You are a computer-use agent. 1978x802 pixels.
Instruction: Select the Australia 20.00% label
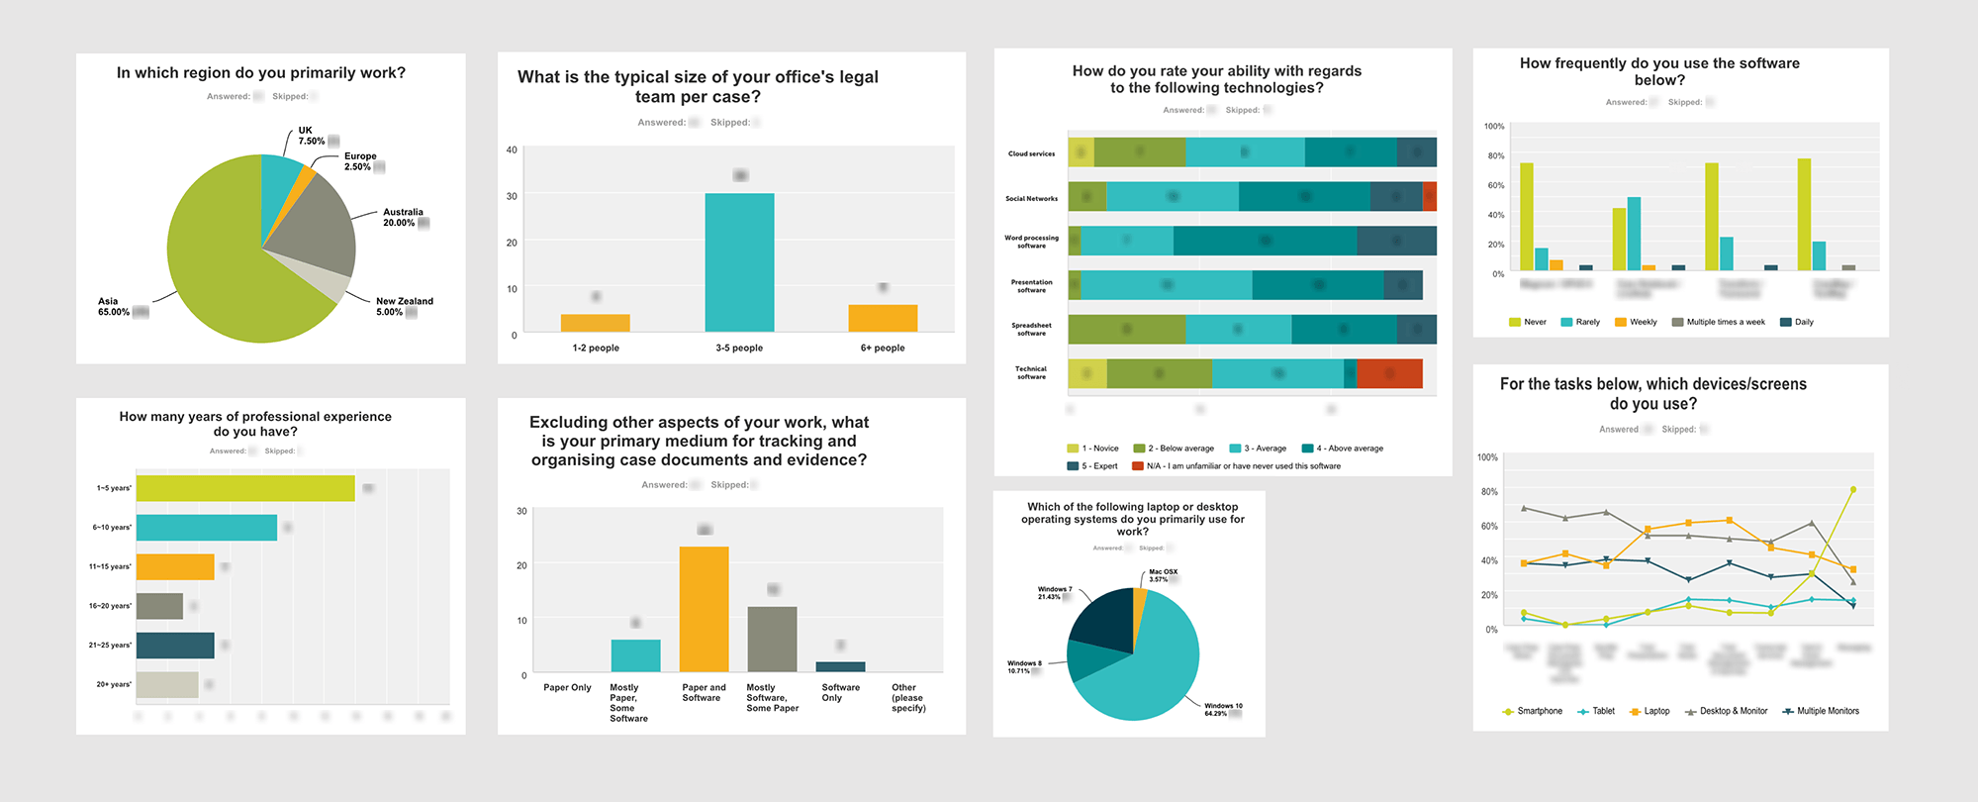pos(402,218)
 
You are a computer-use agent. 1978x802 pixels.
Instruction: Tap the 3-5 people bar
pos(739,262)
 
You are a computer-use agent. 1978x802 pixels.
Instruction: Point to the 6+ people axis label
pos(883,349)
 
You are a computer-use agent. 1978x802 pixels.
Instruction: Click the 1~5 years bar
pos(245,488)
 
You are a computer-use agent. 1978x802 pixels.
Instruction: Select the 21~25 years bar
pos(175,646)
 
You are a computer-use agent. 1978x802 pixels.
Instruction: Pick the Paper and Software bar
pos(704,609)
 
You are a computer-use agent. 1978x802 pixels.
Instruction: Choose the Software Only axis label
pos(840,693)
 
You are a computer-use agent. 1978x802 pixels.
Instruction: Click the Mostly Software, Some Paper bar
pos(772,639)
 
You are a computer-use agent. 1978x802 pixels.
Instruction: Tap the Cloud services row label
pos(1031,153)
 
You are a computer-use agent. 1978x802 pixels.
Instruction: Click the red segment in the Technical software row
pos(1389,373)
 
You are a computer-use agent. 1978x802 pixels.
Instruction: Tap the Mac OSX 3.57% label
pos(1163,575)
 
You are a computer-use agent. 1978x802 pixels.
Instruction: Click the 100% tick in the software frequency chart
pos(1493,127)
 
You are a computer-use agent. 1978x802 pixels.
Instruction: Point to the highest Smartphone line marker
pos(1853,489)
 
